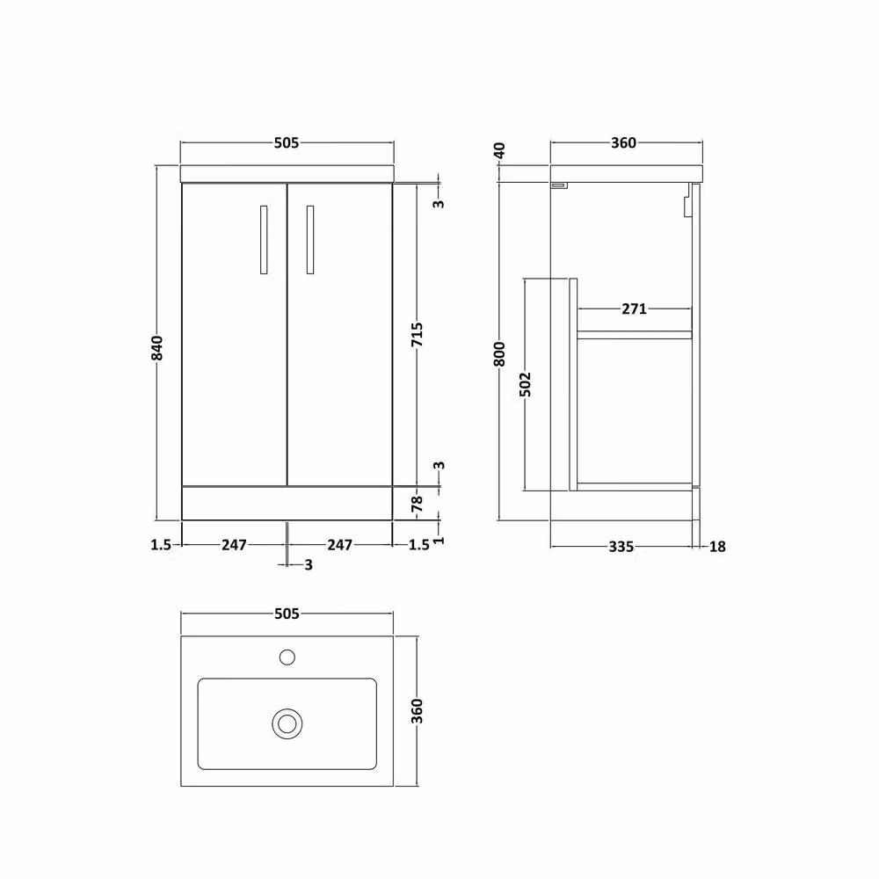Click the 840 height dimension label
pyautogui.click(x=158, y=347)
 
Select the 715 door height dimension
pyautogui.click(x=417, y=335)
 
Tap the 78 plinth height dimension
pyautogui.click(x=417, y=504)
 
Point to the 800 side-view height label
pyautogui.click(x=499, y=353)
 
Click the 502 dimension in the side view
pyautogui.click(x=526, y=384)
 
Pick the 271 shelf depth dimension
pyautogui.click(x=634, y=309)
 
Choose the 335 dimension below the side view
pyautogui.click(x=621, y=546)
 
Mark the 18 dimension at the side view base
pyautogui.click(x=717, y=546)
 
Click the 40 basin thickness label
pyautogui.click(x=499, y=150)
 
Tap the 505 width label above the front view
pyautogui.click(x=287, y=143)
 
